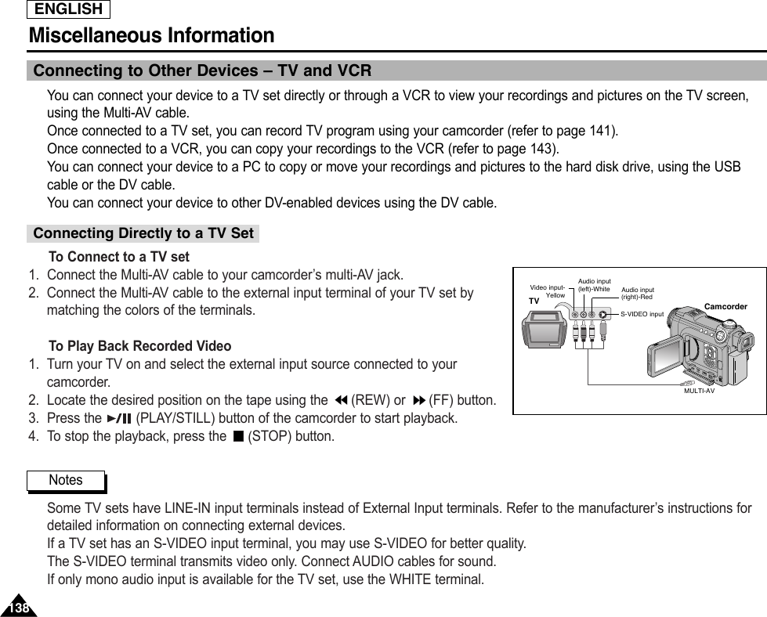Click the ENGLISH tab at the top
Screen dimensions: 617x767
pyautogui.click(x=69, y=9)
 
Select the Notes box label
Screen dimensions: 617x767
pyautogui.click(x=66, y=480)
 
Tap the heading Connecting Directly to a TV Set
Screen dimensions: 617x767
pyautogui.click(x=143, y=233)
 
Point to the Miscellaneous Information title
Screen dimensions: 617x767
pyautogui.click(x=151, y=36)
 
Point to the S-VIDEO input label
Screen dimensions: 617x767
pyautogui.click(x=642, y=314)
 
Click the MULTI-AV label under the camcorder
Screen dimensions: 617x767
pyautogui.click(x=699, y=390)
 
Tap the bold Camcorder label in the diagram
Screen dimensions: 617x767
pyautogui.click(x=725, y=306)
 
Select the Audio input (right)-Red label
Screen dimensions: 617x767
pyautogui.click(x=637, y=294)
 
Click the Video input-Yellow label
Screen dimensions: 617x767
pyautogui.click(x=548, y=292)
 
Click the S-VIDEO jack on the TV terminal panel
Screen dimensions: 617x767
pyautogui.click(x=602, y=314)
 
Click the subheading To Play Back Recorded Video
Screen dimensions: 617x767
pyautogui.click(x=140, y=346)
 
